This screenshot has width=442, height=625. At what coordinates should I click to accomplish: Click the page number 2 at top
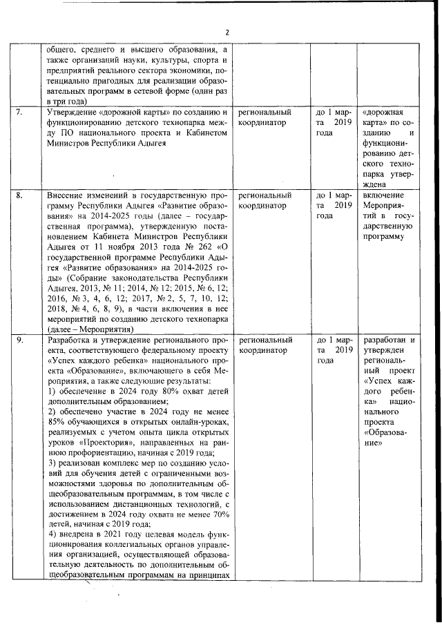point(226,32)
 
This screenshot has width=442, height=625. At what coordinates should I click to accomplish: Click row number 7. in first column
point(21,111)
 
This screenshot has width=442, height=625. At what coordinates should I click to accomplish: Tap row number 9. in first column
point(21,340)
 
